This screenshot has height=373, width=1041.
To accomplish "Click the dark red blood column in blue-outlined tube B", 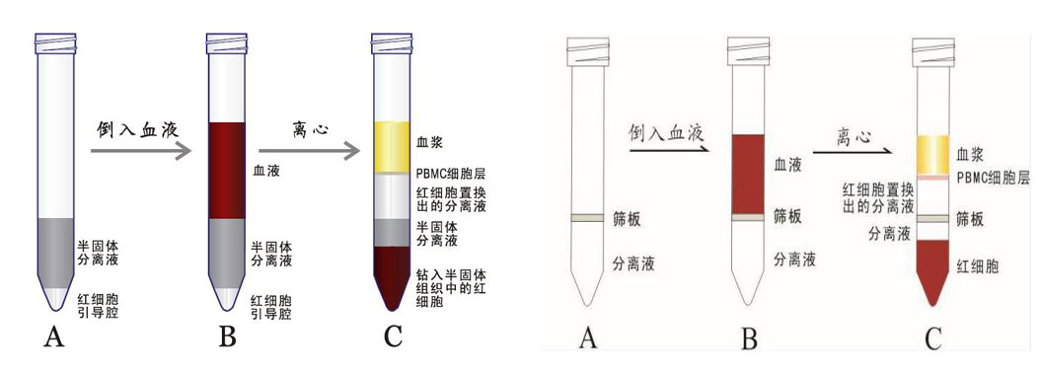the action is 224,169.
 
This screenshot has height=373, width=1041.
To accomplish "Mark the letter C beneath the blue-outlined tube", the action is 393,336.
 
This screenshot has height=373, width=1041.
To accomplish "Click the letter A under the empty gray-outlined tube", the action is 588,338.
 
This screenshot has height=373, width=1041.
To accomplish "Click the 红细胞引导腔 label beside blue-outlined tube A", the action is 102,305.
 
